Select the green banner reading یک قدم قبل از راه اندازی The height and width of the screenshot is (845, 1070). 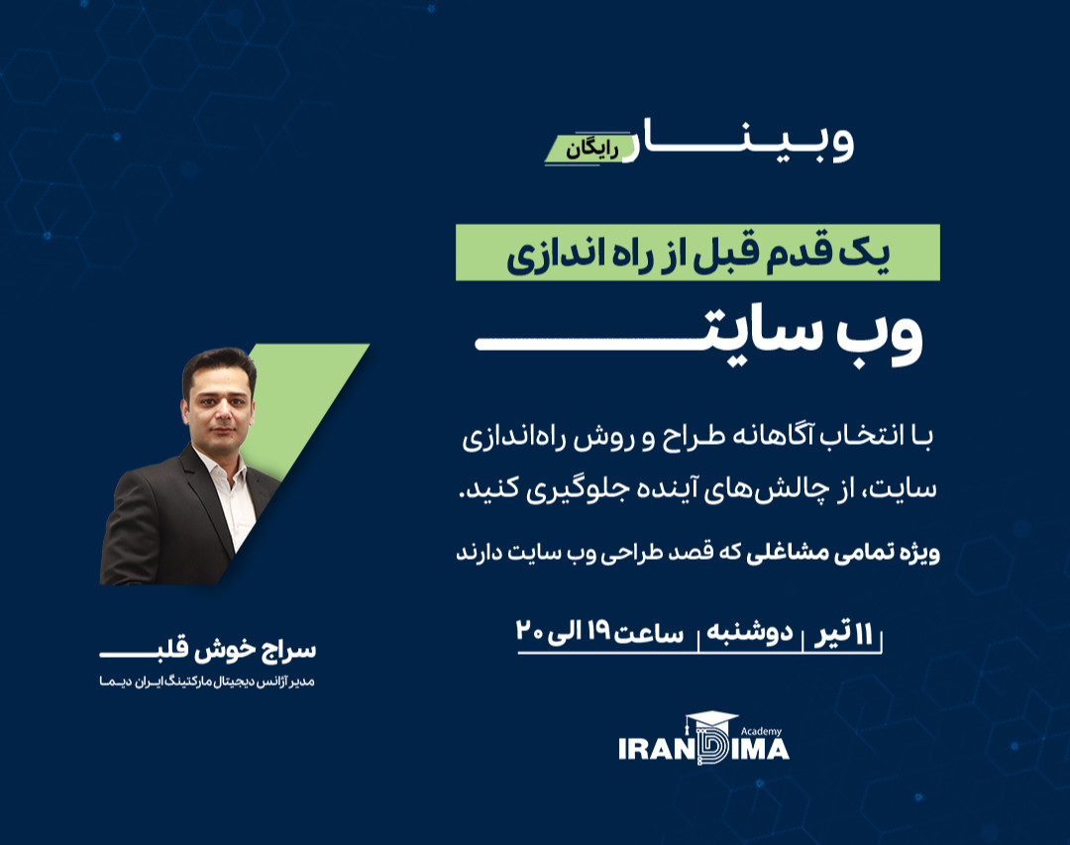(697, 254)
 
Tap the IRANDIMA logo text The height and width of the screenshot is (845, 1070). (703, 749)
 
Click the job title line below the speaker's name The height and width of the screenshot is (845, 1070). (207, 683)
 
